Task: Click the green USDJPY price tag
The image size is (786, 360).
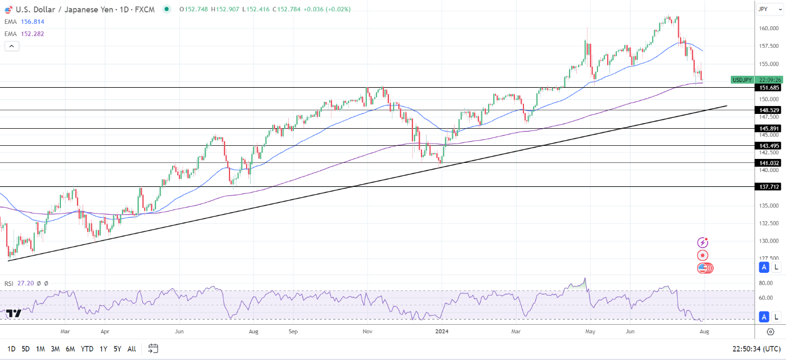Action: click(742, 80)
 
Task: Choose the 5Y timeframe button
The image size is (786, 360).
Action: click(117, 349)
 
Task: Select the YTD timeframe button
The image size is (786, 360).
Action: click(87, 349)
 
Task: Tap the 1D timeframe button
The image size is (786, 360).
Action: click(11, 349)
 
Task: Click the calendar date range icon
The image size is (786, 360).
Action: click(153, 348)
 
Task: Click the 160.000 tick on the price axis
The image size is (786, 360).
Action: click(769, 28)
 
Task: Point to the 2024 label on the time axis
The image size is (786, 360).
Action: click(442, 331)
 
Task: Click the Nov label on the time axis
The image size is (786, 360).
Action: click(367, 331)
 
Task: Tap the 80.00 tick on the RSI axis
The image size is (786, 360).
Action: click(765, 283)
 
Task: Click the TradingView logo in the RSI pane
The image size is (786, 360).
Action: click(14, 314)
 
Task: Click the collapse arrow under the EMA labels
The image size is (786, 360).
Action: click(12, 46)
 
